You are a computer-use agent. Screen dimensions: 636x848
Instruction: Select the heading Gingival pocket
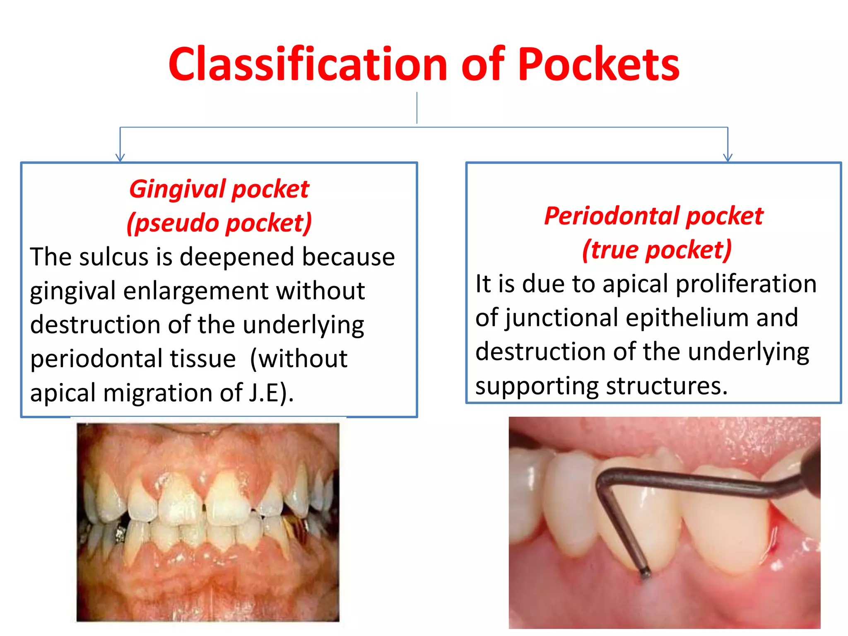coord(219,189)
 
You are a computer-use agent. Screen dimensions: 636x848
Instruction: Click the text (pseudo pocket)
coord(219,223)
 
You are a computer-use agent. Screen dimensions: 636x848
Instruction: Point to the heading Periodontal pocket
coord(653,216)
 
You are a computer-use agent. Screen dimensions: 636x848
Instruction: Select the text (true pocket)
coord(657,250)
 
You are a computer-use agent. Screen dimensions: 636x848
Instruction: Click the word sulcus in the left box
coord(113,257)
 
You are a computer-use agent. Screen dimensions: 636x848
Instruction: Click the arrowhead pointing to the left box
coord(120,158)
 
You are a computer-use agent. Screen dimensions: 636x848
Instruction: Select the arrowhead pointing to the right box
coord(728,158)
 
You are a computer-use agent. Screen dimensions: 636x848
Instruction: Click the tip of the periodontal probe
coord(645,573)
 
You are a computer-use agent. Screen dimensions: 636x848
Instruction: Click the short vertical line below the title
coord(417,108)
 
